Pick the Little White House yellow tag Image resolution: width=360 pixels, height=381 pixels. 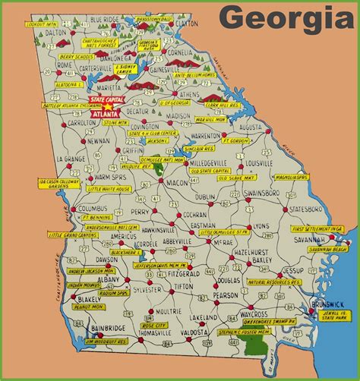[109, 190]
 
